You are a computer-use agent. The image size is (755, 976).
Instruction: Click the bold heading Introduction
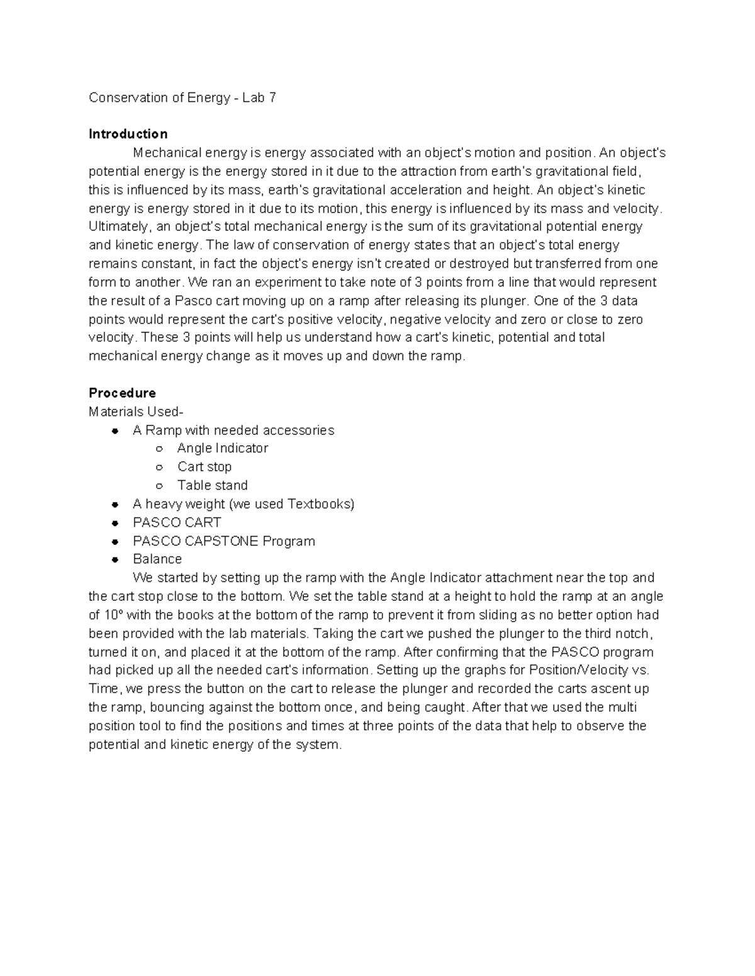pos(128,134)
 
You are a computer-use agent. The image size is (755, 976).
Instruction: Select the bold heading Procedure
pos(122,393)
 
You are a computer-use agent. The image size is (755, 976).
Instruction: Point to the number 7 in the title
pos(272,97)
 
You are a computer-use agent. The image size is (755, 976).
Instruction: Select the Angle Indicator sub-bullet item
pos(222,448)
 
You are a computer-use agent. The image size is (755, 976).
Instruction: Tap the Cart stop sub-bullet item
pos(204,466)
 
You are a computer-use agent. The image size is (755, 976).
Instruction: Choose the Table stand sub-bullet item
pos(212,485)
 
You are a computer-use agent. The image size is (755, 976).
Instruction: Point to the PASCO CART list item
pos(177,522)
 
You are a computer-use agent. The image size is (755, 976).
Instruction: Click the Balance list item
pos(157,559)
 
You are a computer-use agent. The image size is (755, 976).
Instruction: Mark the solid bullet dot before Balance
pos(115,559)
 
